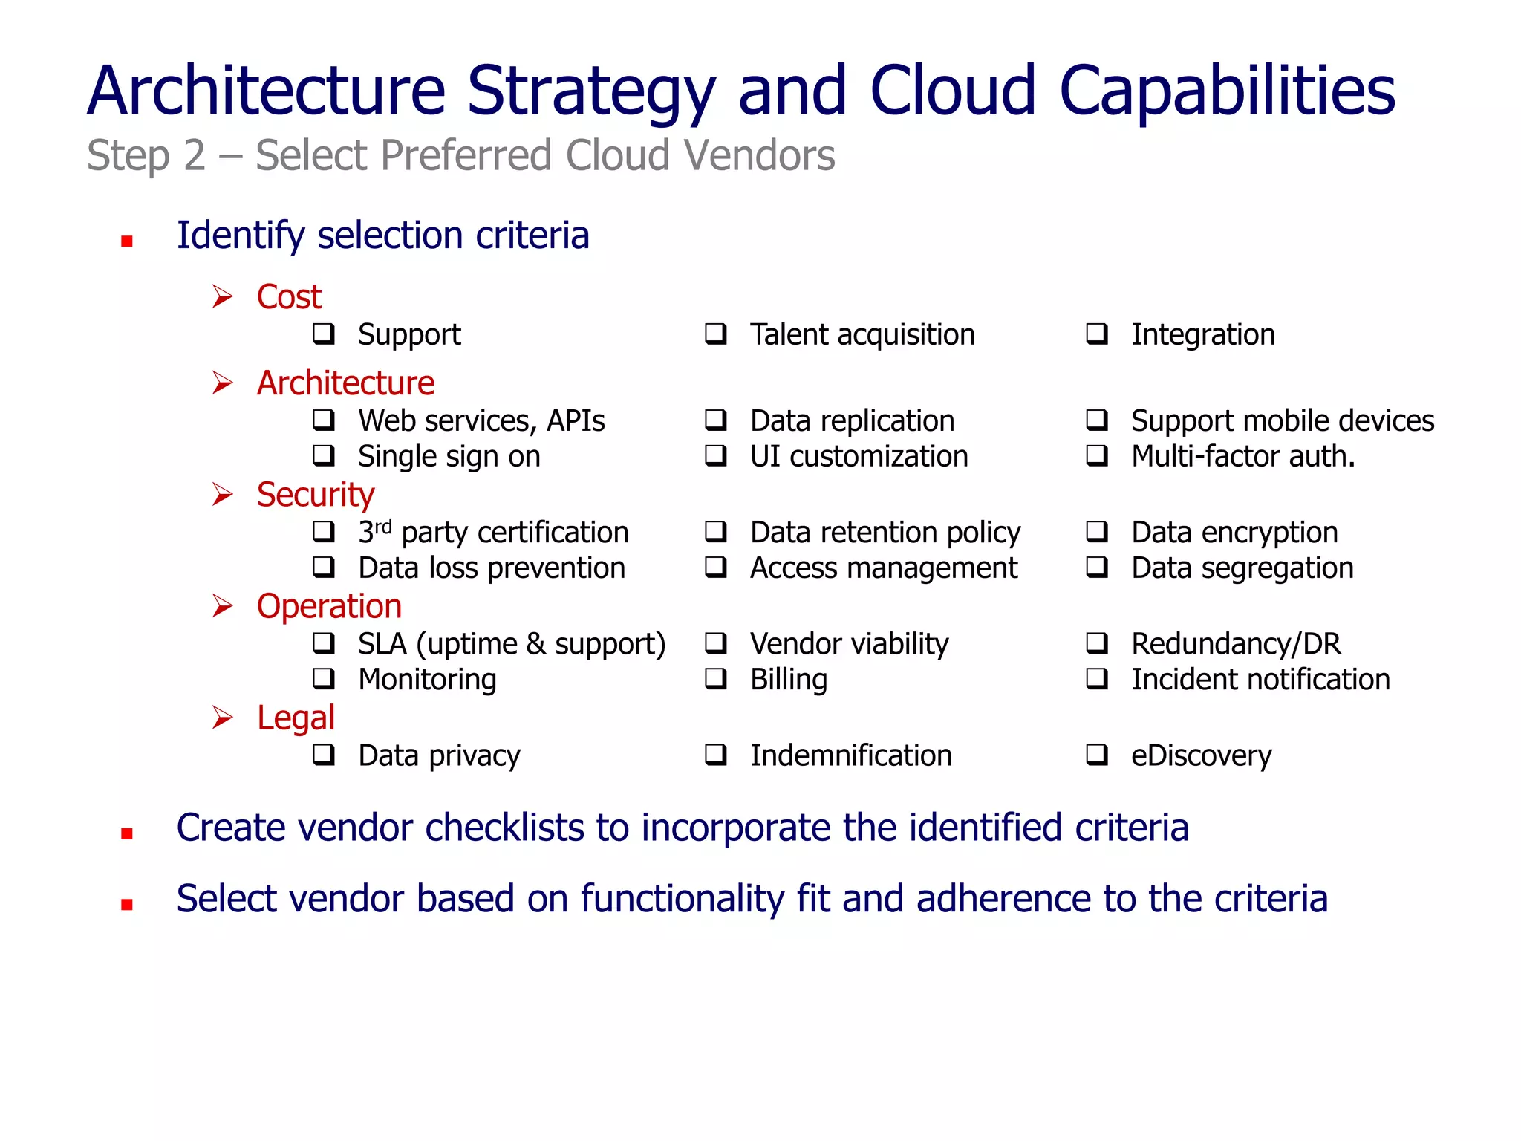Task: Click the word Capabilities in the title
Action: click(1226, 91)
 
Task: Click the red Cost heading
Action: click(289, 296)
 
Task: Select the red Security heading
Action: click(316, 495)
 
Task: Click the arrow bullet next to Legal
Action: click(222, 718)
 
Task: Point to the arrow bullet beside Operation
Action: click(222, 606)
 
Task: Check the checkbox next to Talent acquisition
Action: click(715, 334)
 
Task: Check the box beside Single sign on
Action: click(324, 455)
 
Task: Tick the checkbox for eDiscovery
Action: click(1096, 755)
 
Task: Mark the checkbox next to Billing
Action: click(715, 678)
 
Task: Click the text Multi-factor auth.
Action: click(1242, 456)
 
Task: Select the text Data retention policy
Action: click(885, 533)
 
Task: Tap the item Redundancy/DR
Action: click(1236, 643)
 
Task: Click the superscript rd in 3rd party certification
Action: click(383, 527)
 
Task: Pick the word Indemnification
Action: click(850, 755)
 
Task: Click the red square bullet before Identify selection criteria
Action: click(127, 241)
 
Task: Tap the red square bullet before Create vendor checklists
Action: click(127, 833)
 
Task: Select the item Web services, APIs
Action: click(481, 421)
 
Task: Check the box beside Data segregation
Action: click(1096, 568)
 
